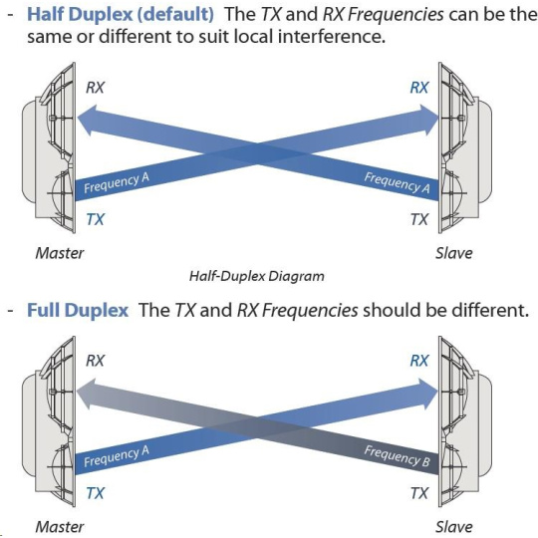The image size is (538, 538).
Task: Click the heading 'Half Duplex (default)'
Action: [x=121, y=14]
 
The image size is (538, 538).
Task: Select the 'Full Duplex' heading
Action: [x=78, y=310]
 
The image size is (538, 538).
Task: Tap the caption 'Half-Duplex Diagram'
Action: [x=257, y=276]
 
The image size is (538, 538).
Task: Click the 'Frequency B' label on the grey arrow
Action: [x=397, y=456]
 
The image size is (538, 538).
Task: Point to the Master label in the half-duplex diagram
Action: [x=60, y=253]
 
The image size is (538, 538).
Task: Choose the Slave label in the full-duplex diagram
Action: [x=454, y=527]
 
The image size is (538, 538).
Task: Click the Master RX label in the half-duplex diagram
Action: [x=95, y=88]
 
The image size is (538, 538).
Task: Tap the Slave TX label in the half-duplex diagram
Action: [x=419, y=219]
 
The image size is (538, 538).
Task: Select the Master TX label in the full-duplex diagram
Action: [x=95, y=493]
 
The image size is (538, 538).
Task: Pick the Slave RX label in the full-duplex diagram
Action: [x=419, y=361]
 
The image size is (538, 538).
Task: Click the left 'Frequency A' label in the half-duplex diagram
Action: [x=117, y=183]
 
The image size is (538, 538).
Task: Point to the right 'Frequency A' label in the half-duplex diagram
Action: [x=397, y=183]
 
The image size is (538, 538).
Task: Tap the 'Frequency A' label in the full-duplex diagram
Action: [x=117, y=456]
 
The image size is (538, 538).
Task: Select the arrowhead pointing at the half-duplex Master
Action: [x=86, y=121]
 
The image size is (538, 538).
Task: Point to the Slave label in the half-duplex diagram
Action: [x=454, y=253]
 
